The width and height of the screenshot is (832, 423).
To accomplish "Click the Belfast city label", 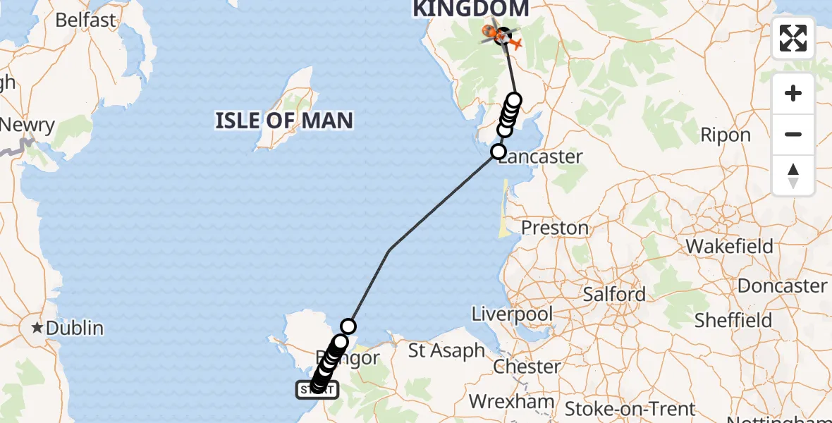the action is coord(85,20).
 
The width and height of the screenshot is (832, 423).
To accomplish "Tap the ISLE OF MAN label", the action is coord(284,121).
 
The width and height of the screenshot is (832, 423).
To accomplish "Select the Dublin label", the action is coord(75,328).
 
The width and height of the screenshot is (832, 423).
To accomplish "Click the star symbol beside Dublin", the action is coord(36,328).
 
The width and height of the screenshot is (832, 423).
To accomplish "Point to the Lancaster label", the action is coord(542,157).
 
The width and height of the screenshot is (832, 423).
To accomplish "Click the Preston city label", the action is coord(555,228).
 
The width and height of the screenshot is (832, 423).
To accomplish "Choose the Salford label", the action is coord(614,294).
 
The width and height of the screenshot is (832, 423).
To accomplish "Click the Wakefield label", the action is coord(730,247).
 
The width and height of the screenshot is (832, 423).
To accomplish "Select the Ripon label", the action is coord(726,135).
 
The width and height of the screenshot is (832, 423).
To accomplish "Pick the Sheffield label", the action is coord(733,320).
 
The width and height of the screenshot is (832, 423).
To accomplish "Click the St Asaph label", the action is coord(447,350).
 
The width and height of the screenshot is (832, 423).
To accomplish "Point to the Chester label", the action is coord(527,367).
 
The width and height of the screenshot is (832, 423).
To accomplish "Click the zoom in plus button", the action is coord(793,93).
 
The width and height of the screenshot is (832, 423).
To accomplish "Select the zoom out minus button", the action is coord(793,134).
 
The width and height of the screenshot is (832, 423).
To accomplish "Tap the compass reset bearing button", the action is coord(793,175).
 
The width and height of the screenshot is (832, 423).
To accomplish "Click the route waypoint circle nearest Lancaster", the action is coord(498,151).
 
